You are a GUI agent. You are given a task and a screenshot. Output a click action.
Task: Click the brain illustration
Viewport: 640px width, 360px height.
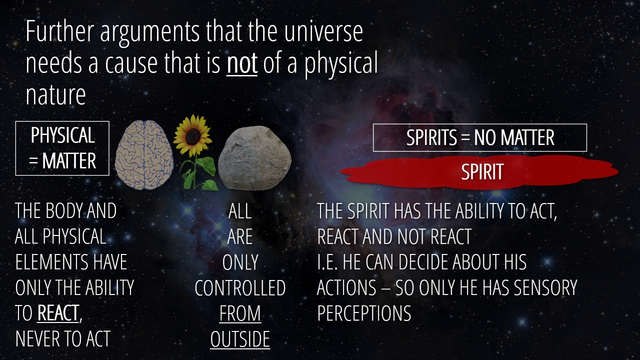(x=144, y=154)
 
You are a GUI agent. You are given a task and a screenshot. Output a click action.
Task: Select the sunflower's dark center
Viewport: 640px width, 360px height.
(x=192, y=136)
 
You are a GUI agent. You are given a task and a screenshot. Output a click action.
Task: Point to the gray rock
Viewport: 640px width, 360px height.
(x=254, y=157)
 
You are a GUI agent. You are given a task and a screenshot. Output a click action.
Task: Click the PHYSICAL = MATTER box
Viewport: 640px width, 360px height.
(x=62, y=148)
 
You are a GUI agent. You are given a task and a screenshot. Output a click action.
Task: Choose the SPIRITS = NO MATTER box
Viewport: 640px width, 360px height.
(x=480, y=137)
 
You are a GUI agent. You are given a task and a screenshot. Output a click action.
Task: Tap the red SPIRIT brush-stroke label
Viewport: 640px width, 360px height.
(x=479, y=172)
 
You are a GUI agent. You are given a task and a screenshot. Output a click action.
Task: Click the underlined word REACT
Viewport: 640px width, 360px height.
(x=58, y=313)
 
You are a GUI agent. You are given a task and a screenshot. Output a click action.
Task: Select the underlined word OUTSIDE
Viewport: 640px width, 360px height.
(x=240, y=339)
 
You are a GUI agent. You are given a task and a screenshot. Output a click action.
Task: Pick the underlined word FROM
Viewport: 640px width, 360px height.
(x=240, y=313)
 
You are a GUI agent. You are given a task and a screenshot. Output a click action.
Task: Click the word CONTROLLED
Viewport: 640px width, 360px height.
(x=240, y=287)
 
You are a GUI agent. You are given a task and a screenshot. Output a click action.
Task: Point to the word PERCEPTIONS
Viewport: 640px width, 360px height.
(x=364, y=313)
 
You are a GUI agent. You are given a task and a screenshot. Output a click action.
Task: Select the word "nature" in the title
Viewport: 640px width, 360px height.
(x=55, y=95)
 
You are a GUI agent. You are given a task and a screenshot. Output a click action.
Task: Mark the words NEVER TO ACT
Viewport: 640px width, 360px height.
(x=63, y=339)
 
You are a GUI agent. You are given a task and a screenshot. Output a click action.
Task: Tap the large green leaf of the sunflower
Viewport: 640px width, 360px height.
(x=207, y=165)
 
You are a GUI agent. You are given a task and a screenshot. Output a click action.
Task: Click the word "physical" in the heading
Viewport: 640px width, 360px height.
(x=341, y=64)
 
